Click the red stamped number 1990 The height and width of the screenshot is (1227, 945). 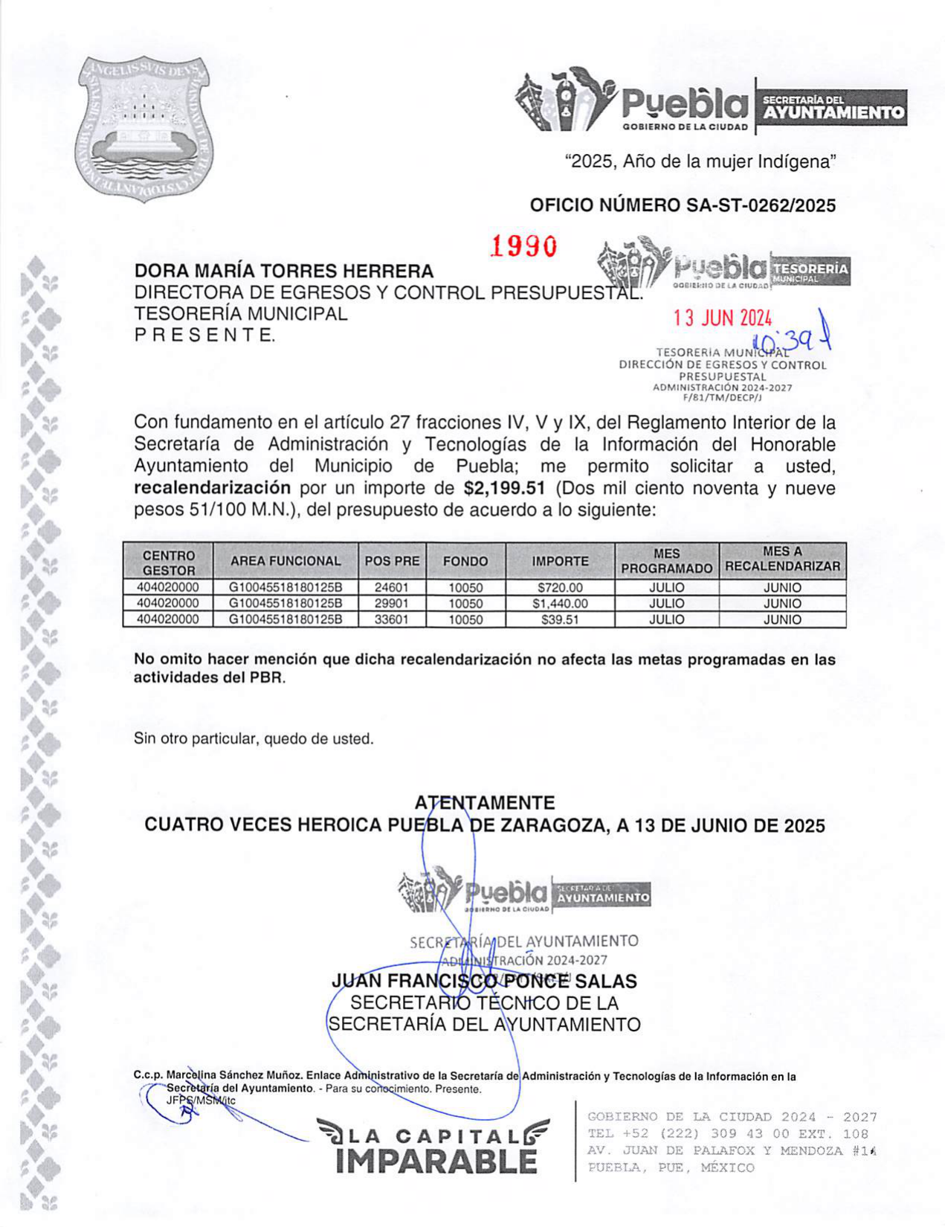pyautogui.click(x=523, y=246)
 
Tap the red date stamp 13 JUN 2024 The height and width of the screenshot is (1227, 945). pyautogui.click(x=722, y=318)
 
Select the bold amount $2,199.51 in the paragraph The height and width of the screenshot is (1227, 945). pyautogui.click(x=503, y=489)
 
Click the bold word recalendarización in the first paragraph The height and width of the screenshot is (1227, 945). pyautogui.click(x=212, y=489)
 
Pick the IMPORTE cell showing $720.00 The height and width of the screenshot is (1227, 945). pyautogui.click(x=559, y=587)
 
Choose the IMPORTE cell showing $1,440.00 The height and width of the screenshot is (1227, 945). pyautogui.click(x=559, y=604)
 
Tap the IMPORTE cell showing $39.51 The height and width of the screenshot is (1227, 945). pyautogui.click(x=559, y=619)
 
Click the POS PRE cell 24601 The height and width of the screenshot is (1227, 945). pyautogui.click(x=391, y=587)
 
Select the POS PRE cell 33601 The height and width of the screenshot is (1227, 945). pyautogui.click(x=391, y=619)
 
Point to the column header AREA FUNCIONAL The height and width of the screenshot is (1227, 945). pyautogui.click(x=285, y=561)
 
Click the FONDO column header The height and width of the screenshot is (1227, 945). pyautogui.click(x=465, y=561)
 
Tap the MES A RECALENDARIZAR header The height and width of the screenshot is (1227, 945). pyautogui.click(x=782, y=559)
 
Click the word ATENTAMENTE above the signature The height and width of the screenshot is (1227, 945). pyautogui.click(x=484, y=803)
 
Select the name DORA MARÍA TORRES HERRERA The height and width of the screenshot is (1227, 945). pyautogui.click(x=283, y=271)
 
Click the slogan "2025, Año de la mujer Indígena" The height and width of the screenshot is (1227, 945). pyautogui.click(x=700, y=161)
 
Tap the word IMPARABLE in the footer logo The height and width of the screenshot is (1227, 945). pyautogui.click(x=436, y=1161)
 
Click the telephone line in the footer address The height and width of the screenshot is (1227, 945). pyautogui.click(x=727, y=1134)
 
